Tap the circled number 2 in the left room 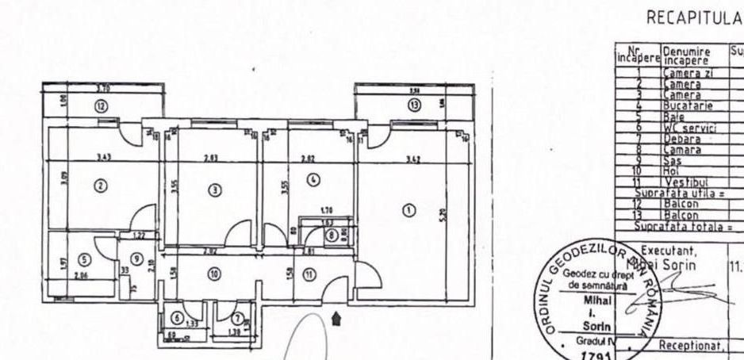point(100,186)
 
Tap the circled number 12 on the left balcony point(101,105)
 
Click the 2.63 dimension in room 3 point(211,158)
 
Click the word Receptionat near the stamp point(688,347)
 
